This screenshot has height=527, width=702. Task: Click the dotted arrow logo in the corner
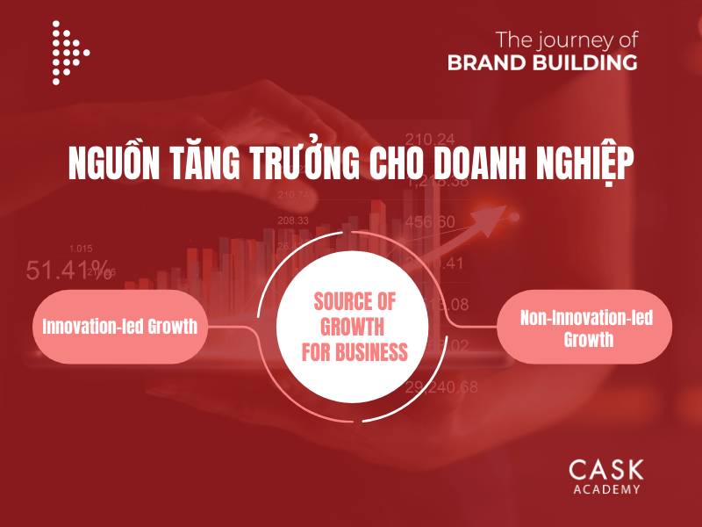pyautogui.click(x=69, y=53)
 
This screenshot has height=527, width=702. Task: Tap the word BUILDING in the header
pyautogui.click(x=590, y=62)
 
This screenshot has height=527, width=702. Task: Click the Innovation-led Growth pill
pyautogui.click(x=120, y=327)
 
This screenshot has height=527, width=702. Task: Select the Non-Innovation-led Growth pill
pyautogui.click(x=584, y=328)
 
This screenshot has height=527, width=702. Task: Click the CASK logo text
pyautogui.click(x=605, y=470)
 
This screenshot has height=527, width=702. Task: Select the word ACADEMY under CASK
pyautogui.click(x=605, y=489)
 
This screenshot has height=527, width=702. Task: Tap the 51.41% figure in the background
pyautogui.click(x=68, y=269)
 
